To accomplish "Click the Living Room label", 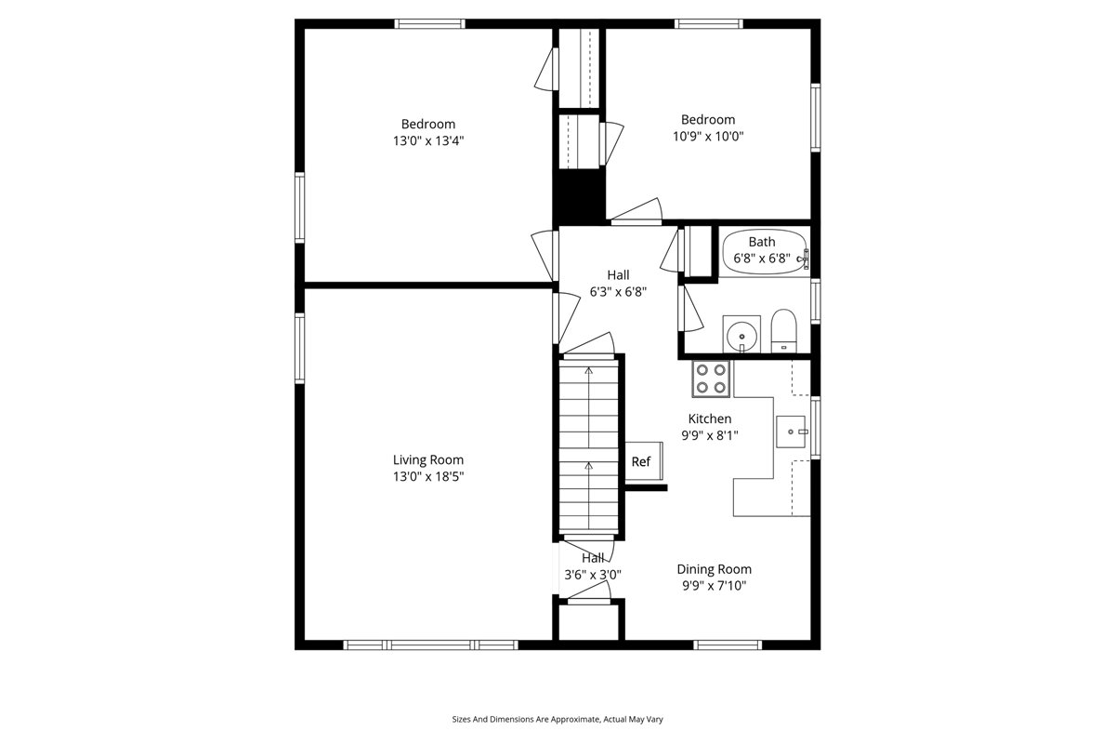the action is (x=428, y=460).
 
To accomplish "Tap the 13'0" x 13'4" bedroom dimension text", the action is (x=428, y=140).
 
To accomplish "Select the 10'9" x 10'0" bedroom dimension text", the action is (x=708, y=136).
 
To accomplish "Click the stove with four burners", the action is (x=711, y=379).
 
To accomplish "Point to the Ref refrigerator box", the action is (x=644, y=461).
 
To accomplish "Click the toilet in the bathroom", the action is (x=783, y=331).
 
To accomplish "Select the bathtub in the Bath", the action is (x=764, y=252).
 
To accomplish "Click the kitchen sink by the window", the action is (x=792, y=432).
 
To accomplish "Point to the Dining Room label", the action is (x=714, y=569).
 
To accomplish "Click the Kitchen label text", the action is (x=710, y=418).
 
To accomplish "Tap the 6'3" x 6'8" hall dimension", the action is (x=618, y=291).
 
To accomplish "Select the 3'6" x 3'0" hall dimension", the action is (x=593, y=575).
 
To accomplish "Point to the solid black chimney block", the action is (x=579, y=197).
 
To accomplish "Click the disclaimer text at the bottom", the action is (x=557, y=719).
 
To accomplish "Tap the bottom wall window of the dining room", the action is (x=728, y=645).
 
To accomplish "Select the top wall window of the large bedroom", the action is (x=429, y=24).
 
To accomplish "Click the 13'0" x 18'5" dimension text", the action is (x=428, y=476).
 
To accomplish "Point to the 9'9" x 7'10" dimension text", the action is (x=714, y=586).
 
